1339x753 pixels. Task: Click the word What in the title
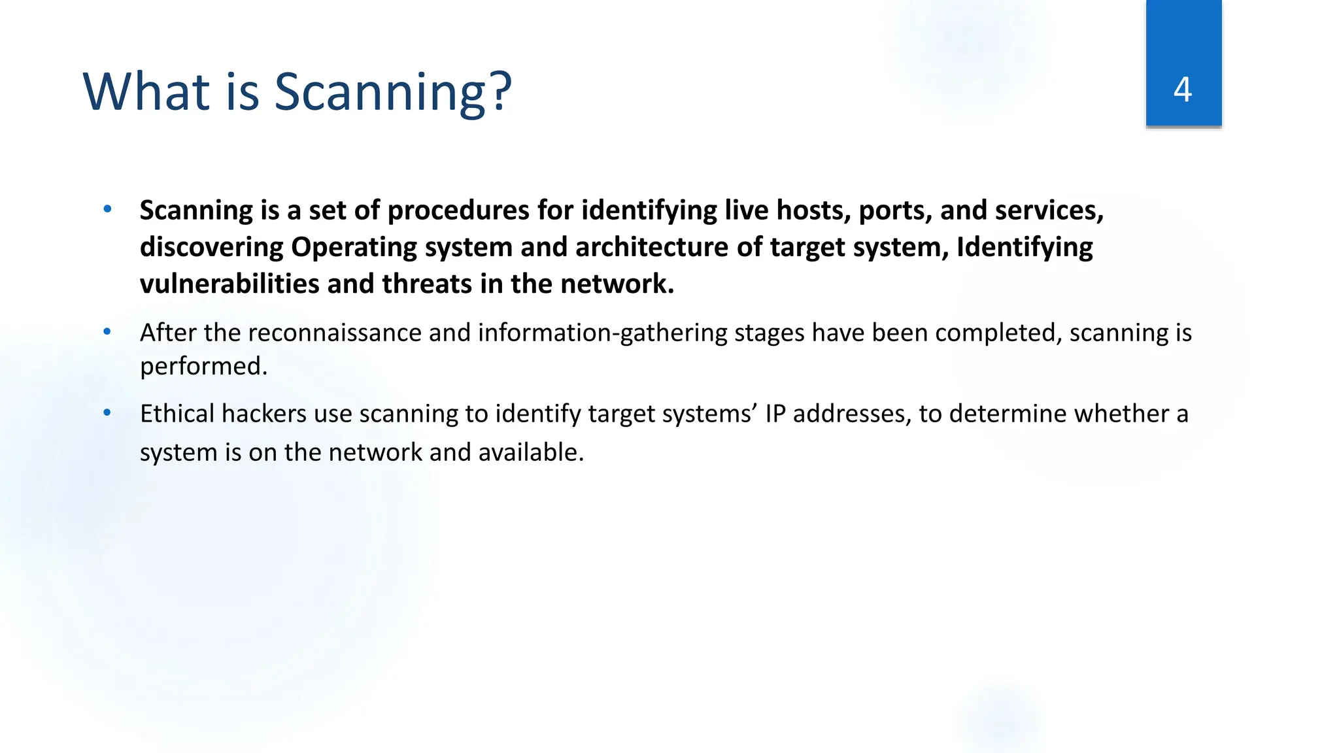pyautogui.click(x=145, y=92)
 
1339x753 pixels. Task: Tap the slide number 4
pyautogui.click(x=1183, y=90)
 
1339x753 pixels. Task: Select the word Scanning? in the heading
pyautogui.click(x=392, y=93)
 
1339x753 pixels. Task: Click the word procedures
pyautogui.click(x=458, y=211)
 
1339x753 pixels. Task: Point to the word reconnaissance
pyautogui.click(x=335, y=333)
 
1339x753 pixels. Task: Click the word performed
pyautogui.click(x=203, y=367)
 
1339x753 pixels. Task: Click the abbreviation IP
pyautogui.click(x=775, y=414)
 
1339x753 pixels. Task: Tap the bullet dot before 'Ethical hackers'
pyautogui.click(x=107, y=413)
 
